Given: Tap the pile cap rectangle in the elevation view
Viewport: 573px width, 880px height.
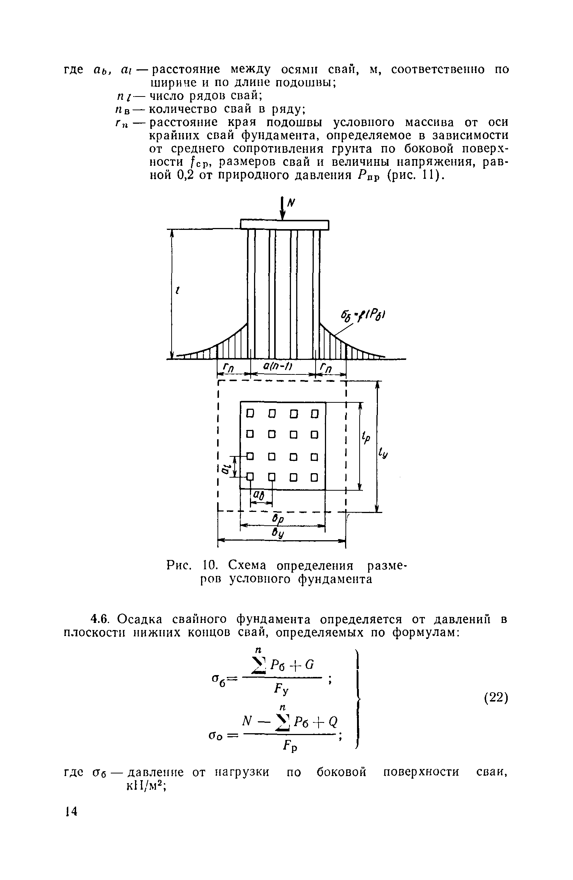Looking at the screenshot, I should [x=285, y=225].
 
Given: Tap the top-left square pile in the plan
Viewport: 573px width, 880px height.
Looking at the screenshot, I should [x=250, y=413].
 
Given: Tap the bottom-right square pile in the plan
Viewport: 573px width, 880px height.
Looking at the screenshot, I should [x=314, y=477].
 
